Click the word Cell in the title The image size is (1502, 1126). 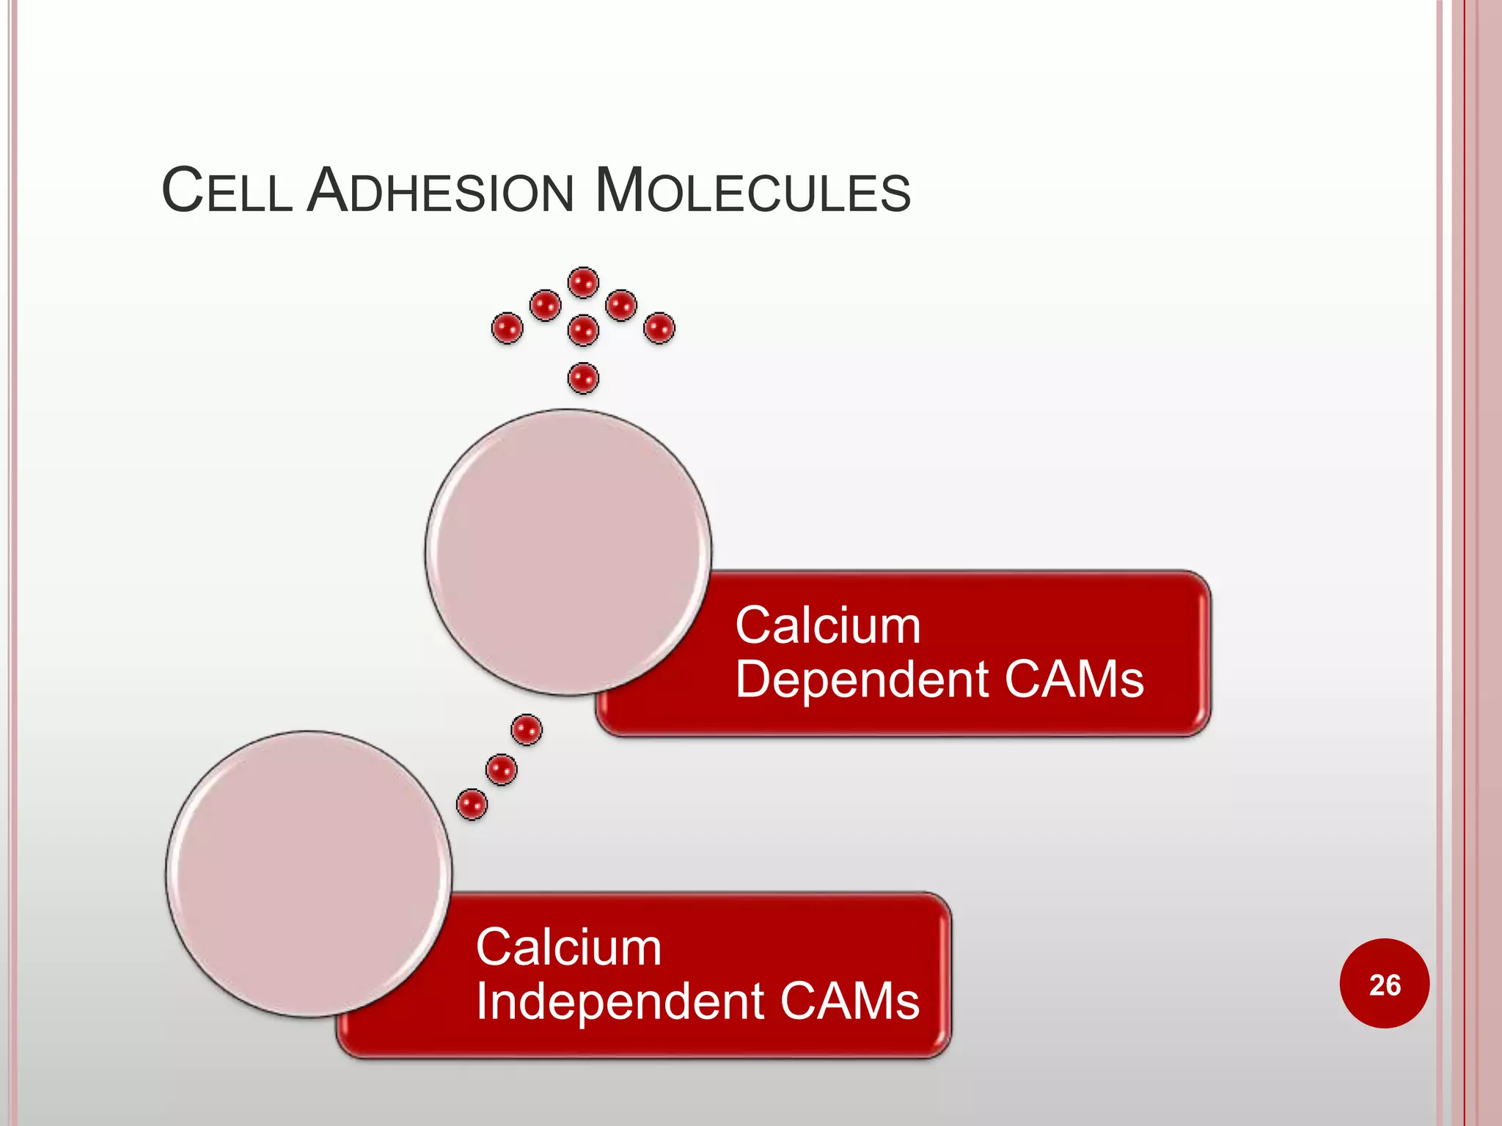coord(227,191)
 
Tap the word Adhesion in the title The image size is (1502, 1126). coord(439,191)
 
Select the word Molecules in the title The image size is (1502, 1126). coord(752,191)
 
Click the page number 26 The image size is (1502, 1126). coord(1385,985)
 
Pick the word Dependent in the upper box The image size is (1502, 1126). coord(862,680)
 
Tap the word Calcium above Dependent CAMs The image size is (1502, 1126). coord(828,626)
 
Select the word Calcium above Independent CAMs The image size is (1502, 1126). coord(568,947)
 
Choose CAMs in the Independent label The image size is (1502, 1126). coord(849,1001)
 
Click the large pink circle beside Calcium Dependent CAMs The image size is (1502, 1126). coord(568,552)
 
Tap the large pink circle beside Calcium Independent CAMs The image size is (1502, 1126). coord(309,874)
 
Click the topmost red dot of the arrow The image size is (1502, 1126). coord(583,282)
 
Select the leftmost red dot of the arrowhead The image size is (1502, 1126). coord(507,328)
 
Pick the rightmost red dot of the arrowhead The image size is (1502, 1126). coord(659,328)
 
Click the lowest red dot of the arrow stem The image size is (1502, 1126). coord(583,378)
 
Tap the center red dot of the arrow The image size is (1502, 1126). coord(583,330)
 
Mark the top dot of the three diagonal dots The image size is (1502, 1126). coord(527,729)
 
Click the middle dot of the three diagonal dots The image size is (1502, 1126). coord(501,770)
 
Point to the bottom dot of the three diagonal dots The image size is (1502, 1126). coord(472,804)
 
